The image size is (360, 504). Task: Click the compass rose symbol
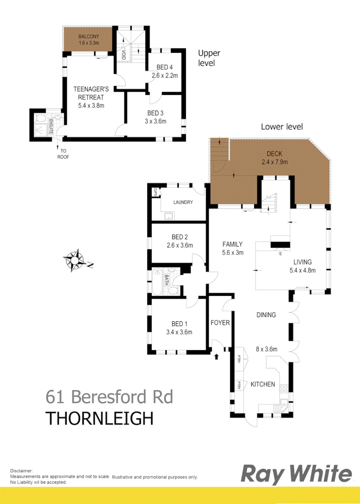tap(74, 260)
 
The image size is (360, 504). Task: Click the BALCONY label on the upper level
tap(88, 36)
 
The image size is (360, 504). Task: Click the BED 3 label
tap(155, 113)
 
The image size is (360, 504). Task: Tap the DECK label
tap(273, 154)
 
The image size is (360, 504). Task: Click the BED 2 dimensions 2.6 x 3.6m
tap(179, 245)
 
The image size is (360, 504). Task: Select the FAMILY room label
tap(232, 244)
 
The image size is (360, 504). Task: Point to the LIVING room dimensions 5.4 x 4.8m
tap(302, 270)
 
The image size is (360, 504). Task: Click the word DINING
tap(266, 315)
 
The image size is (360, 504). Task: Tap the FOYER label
tap(220, 323)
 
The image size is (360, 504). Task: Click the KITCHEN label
tap(263, 384)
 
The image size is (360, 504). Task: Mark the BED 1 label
tap(179, 324)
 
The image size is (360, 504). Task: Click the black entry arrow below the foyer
tap(216, 356)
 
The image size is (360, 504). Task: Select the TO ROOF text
tap(63, 154)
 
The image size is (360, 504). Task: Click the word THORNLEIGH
tap(99, 418)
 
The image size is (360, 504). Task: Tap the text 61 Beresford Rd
tap(109, 397)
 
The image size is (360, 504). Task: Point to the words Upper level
tap(208, 58)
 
